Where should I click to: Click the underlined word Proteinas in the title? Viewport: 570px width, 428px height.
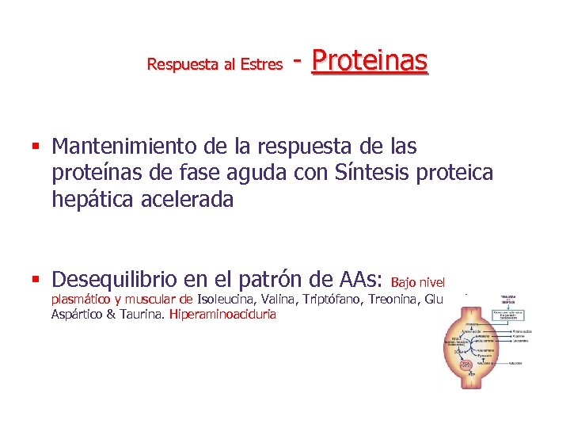(370, 60)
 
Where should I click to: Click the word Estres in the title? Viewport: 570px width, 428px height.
(264, 65)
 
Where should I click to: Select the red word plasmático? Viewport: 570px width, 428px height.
(85, 299)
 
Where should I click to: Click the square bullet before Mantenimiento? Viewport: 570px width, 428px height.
(37, 147)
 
